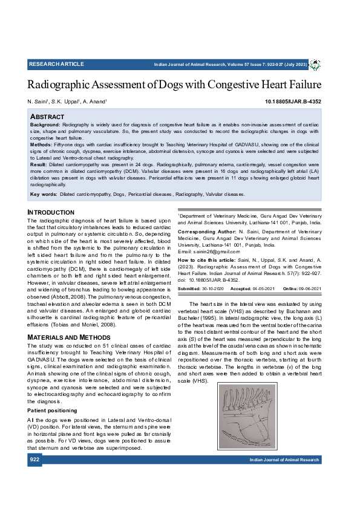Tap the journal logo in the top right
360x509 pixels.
[315, 64]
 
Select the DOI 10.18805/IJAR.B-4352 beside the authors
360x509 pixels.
[293, 102]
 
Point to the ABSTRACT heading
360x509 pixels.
[47, 116]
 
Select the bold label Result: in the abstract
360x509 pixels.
[38, 164]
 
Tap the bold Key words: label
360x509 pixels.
[44, 195]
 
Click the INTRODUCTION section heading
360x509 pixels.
[51, 213]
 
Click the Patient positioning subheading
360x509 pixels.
[53, 410]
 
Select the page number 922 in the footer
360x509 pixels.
[34, 460]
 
